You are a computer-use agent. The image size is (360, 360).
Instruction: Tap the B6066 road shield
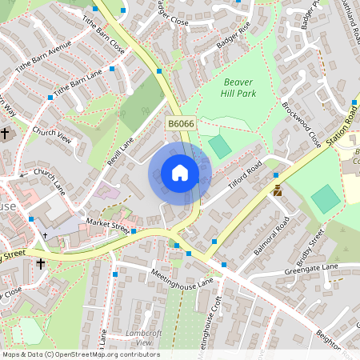(x=181, y=124)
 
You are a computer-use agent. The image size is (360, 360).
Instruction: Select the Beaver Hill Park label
(x=238, y=87)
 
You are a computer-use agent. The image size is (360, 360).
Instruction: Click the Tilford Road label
(x=245, y=177)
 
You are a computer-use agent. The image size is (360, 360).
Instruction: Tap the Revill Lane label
(x=121, y=149)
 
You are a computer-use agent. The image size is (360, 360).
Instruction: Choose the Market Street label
(x=108, y=226)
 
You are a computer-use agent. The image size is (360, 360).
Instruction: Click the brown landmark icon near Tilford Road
(x=278, y=190)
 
